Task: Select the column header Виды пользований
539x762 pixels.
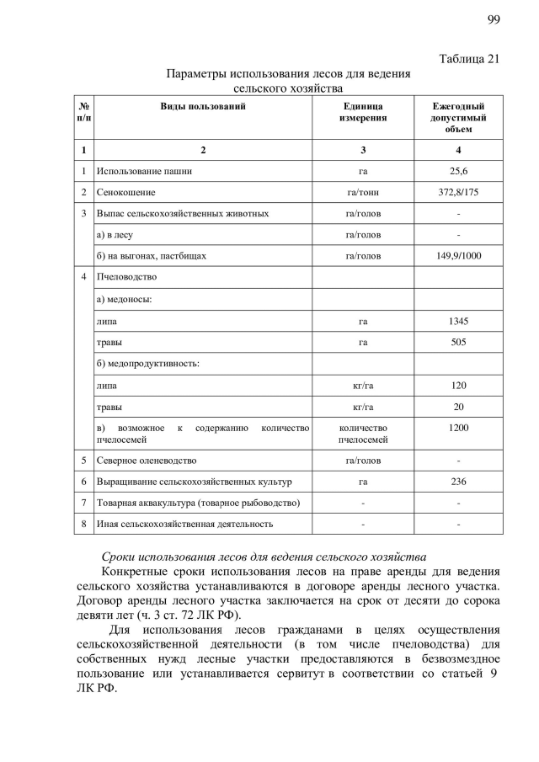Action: (x=203, y=106)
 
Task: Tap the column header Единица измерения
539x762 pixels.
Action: (x=363, y=112)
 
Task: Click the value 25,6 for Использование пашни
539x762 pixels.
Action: (x=458, y=171)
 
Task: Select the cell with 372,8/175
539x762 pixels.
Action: (x=458, y=193)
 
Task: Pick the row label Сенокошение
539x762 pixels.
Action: (x=125, y=193)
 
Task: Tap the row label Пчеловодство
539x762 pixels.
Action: (x=126, y=277)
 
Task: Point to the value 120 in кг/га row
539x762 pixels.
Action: (x=458, y=386)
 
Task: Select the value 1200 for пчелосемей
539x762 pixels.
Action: (x=458, y=428)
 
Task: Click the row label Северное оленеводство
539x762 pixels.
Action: (x=147, y=461)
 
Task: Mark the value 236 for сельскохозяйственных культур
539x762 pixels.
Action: (x=458, y=482)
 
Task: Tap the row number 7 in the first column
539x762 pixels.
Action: (x=84, y=503)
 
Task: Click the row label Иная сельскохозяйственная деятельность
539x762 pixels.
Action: (x=184, y=524)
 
